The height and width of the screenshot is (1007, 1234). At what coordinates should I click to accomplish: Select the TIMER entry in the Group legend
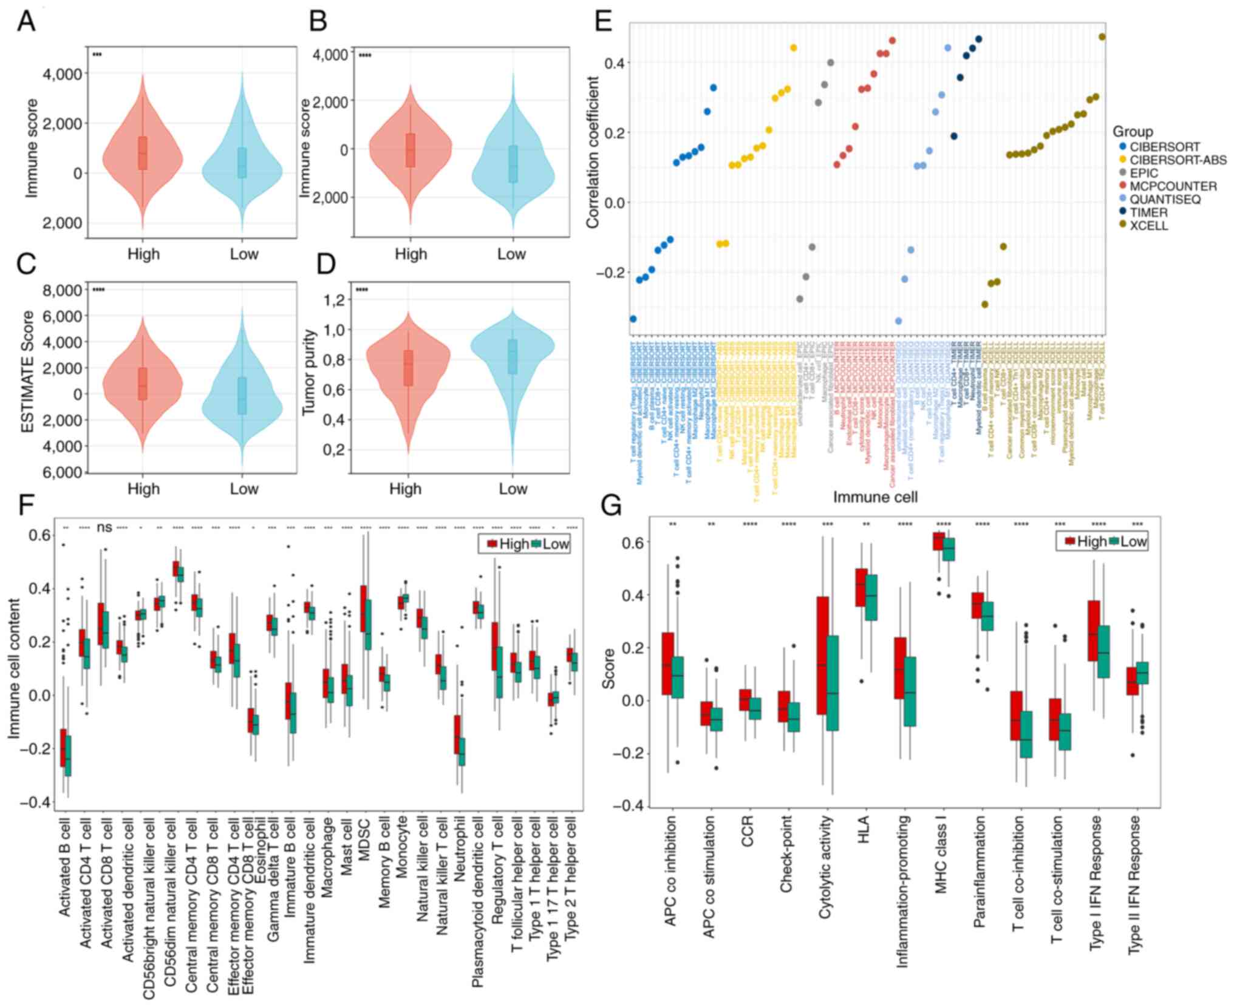pyautogui.click(x=1148, y=212)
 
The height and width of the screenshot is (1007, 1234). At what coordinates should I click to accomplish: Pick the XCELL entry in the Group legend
pyautogui.click(x=1149, y=226)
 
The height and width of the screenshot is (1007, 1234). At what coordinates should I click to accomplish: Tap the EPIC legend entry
pyautogui.click(x=1144, y=173)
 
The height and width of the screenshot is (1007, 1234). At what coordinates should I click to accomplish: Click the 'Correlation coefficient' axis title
pyautogui.click(x=593, y=152)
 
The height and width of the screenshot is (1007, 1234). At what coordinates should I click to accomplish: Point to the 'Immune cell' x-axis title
pyautogui.click(x=875, y=497)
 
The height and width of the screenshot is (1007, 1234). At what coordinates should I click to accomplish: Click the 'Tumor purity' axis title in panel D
pyautogui.click(x=309, y=372)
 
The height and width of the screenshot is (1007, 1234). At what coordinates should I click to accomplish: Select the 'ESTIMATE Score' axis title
pyautogui.click(x=28, y=371)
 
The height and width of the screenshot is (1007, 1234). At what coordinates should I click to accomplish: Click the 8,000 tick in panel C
pyautogui.click(x=62, y=290)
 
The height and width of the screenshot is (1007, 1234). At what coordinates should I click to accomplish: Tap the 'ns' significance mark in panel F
pyautogui.click(x=104, y=527)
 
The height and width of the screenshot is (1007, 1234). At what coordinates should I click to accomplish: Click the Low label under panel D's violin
pyautogui.click(x=513, y=489)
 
